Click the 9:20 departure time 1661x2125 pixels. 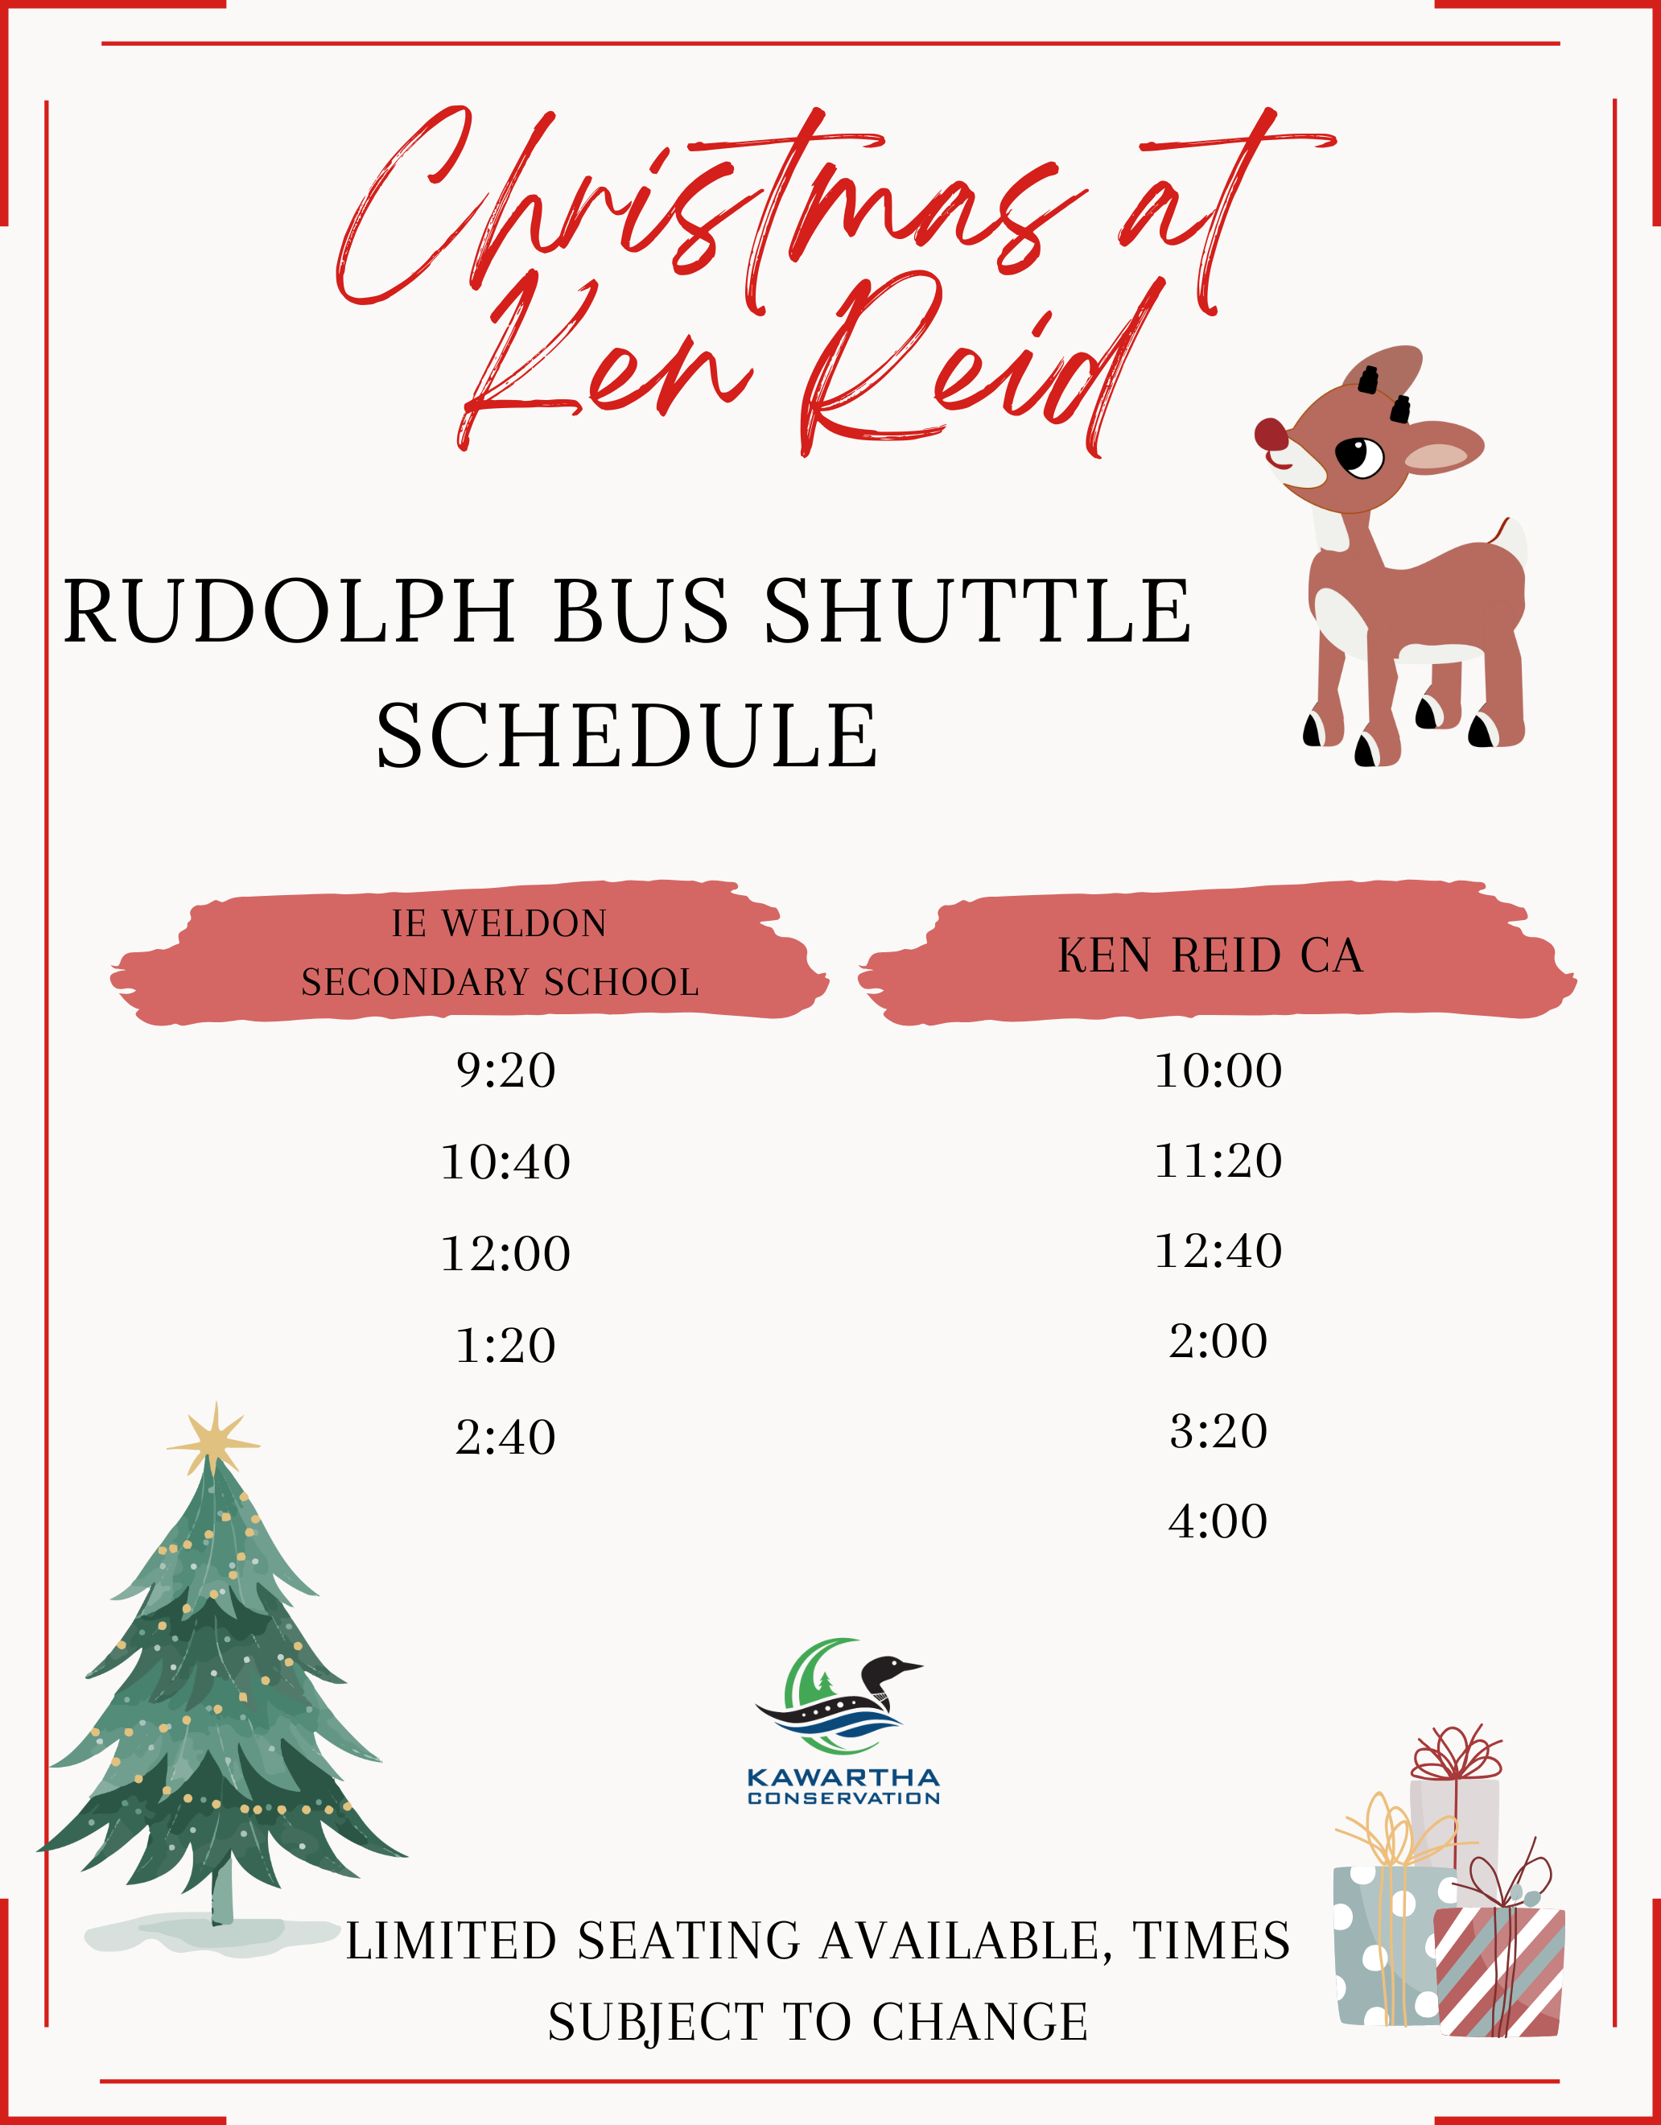pos(506,1071)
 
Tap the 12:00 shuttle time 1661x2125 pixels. pos(506,1254)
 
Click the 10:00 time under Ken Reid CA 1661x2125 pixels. pos(1218,1071)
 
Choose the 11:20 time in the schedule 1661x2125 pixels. pos(1218,1161)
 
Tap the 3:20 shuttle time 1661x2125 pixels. pos(1218,1431)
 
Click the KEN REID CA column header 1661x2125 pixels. pos(1210,955)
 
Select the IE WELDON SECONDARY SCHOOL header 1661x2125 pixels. pos(500,952)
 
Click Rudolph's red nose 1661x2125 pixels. pos(1271,435)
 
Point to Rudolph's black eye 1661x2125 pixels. pos(1359,456)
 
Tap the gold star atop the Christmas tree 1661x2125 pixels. pos(214,1440)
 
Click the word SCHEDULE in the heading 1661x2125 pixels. pos(628,736)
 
